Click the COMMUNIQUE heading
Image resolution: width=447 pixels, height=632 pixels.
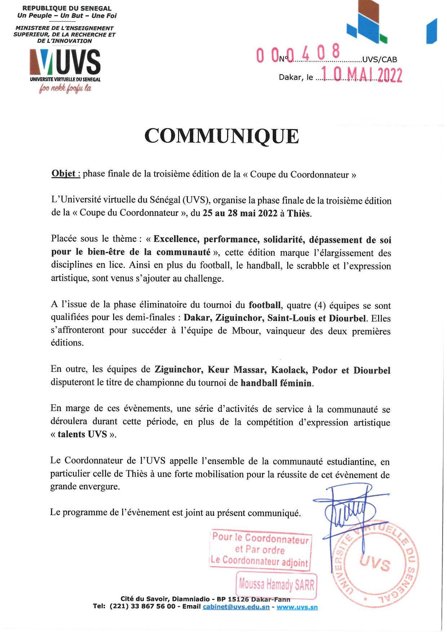pos(222,136)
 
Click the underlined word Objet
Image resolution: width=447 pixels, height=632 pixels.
pos(63,174)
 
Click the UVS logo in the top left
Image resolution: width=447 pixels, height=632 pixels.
pos(65,61)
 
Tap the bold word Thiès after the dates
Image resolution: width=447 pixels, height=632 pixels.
pos(299,213)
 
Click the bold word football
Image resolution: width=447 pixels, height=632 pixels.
pos(265,305)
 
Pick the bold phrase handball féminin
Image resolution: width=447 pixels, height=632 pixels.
pos(276,383)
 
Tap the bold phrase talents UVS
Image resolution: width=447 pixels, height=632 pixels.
pos(82,434)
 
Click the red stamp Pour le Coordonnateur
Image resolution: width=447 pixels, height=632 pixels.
pos(260,550)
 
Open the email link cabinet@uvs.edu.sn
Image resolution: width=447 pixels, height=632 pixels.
pos(236,607)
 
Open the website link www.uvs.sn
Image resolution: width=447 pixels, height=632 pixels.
pos(297,607)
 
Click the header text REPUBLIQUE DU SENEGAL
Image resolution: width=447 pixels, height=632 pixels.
pos(67,8)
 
